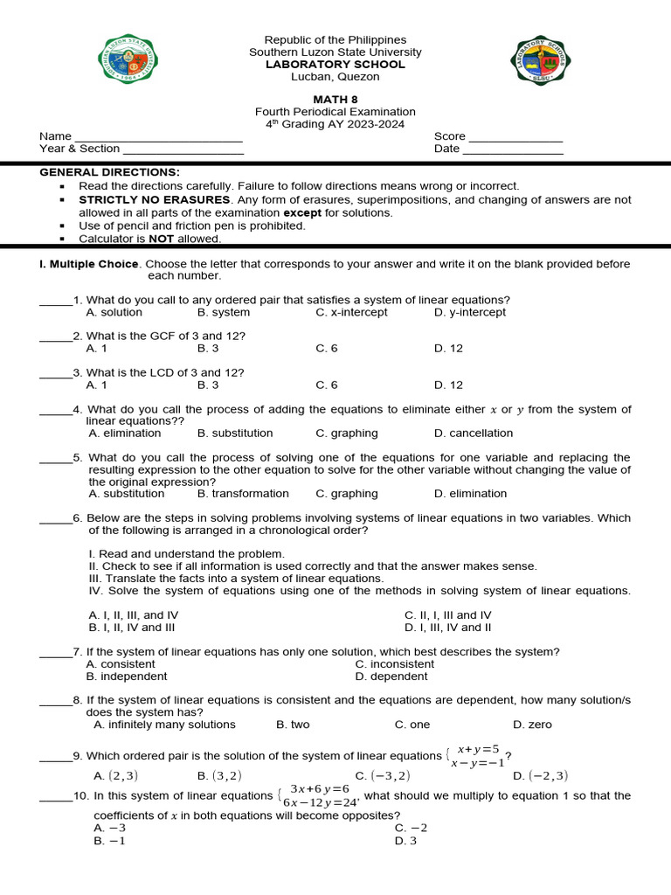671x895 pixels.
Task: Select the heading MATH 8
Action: click(335, 100)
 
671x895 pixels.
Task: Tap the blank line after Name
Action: click(158, 137)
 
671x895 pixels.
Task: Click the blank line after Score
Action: click(515, 137)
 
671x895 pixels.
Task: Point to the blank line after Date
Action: click(513, 149)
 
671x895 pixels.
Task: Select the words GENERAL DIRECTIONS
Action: click(109, 172)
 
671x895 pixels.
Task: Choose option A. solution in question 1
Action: click(114, 312)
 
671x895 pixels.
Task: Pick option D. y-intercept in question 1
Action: click(469, 312)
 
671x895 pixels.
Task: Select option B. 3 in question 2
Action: click(208, 348)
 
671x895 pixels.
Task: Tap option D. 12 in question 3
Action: click(448, 385)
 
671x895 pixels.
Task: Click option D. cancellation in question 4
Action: click(474, 433)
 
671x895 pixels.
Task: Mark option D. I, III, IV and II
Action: click(447, 627)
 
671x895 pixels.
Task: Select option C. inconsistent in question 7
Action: click(394, 663)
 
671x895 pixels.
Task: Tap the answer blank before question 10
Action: click(56, 797)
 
